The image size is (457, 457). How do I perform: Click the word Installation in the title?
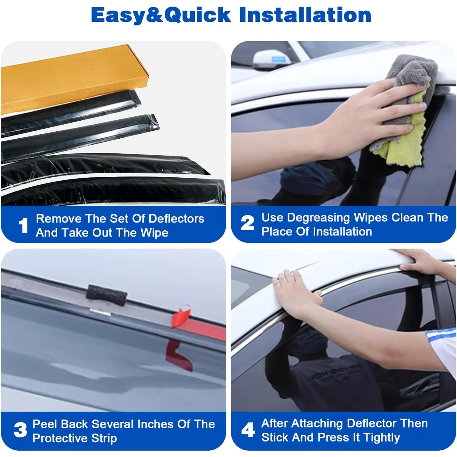(305, 15)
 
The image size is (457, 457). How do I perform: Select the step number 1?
(23, 225)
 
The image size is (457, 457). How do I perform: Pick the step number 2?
(247, 223)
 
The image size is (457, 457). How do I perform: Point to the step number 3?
(20, 430)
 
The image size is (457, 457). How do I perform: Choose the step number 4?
(248, 430)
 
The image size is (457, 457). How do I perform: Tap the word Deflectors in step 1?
(177, 219)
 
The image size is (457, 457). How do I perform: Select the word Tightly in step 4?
(382, 438)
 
